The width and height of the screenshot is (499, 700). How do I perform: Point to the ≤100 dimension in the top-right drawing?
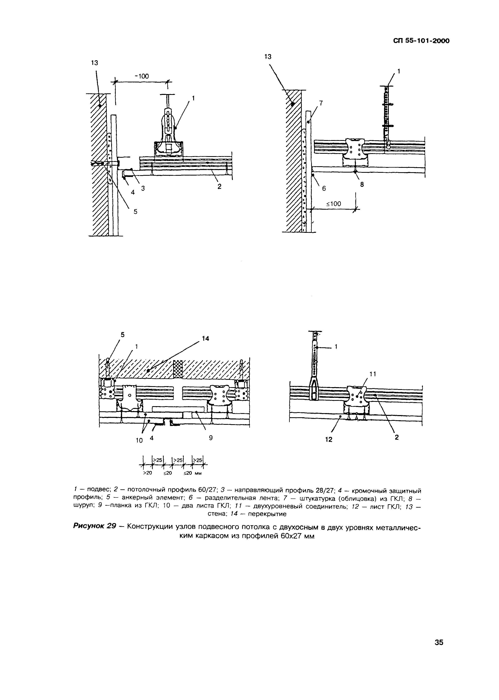point(333,204)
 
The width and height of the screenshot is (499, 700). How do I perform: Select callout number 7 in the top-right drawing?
point(321,103)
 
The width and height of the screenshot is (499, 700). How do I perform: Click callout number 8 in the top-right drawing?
point(362,185)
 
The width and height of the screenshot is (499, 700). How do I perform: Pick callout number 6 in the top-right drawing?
point(324,189)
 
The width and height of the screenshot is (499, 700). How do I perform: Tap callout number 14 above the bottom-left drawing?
point(205,338)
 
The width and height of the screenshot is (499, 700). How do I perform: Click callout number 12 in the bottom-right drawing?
point(329,439)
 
